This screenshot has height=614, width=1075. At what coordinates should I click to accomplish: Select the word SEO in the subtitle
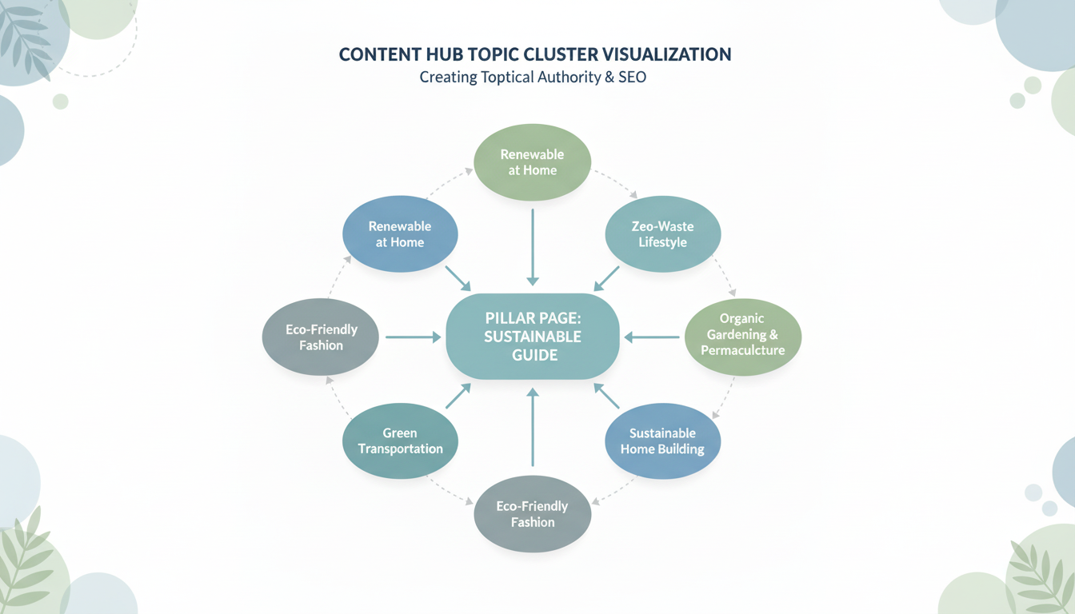(632, 78)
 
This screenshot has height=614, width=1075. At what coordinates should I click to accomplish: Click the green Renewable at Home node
(532, 162)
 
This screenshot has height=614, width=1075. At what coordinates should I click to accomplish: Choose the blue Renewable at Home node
(399, 234)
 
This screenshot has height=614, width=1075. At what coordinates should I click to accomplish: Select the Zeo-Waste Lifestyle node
(662, 234)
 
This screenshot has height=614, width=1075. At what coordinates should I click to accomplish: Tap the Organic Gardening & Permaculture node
(743, 335)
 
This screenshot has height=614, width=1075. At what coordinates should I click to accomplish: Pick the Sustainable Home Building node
(662, 441)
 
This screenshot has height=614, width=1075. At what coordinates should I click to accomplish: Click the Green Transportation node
(399, 441)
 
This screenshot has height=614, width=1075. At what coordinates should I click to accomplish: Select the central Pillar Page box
(533, 336)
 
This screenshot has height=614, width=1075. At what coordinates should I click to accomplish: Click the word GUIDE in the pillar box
(534, 355)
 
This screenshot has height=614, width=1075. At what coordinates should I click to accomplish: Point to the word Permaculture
(743, 350)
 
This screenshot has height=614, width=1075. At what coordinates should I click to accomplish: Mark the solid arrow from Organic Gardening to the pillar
(652, 337)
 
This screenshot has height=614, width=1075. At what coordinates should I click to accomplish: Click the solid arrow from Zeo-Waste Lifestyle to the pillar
(607, 278)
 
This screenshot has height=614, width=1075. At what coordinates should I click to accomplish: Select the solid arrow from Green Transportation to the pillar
(458, 396)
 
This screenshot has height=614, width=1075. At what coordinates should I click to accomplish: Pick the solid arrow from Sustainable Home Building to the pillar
(607, 396)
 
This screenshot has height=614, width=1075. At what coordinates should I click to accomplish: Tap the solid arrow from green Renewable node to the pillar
(533, 247)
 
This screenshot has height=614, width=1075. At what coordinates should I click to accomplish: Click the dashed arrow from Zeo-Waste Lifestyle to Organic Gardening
(725, 276)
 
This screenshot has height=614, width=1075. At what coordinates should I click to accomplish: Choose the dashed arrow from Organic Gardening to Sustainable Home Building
(725, 398)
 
